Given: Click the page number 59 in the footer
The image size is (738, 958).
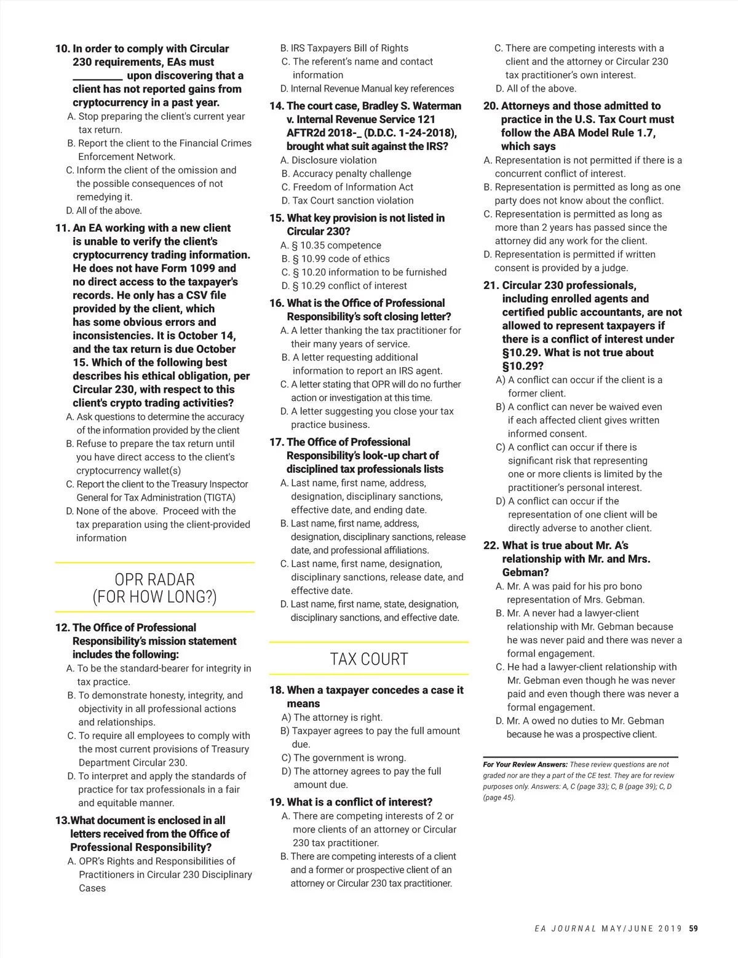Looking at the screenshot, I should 693,928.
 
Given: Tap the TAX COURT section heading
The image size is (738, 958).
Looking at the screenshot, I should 368,659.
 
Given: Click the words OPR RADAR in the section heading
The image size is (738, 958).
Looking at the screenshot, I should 154,579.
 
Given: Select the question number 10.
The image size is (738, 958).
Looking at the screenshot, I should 62,49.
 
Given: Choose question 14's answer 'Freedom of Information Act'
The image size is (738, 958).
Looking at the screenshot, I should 352,187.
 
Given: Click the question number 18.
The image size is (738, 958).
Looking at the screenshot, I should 277,690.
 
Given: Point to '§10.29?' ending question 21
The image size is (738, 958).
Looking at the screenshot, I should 523,366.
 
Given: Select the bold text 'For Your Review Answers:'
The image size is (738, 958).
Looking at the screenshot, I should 525,764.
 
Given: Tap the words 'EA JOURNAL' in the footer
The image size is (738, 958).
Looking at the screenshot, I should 565,928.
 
